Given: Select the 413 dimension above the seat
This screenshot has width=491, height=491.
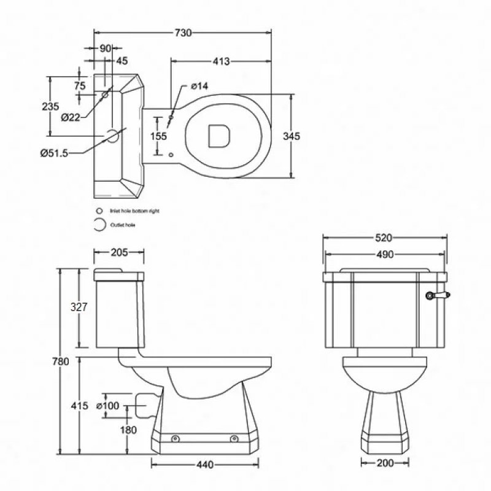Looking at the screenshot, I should pyautogui.click(x=221, y=61).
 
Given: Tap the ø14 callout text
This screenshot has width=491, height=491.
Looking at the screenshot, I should pyautogui.click(x=200, y=86).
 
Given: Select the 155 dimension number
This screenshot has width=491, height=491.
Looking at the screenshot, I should pyautogui.click(x=159, y=136).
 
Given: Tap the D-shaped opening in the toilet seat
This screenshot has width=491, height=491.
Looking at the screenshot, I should pyautogui.click(x=218, y=136).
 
